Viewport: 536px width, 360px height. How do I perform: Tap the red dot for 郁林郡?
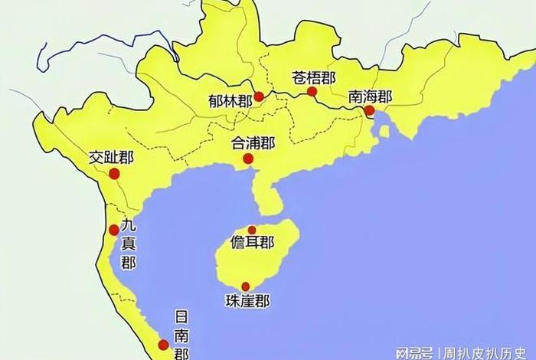click(x=260, y=97)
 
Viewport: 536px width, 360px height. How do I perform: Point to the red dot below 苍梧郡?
click(x=312, y=92)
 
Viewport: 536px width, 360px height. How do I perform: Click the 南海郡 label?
click(x=370, y=97)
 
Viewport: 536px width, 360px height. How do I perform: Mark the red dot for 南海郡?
click(x=369, y=110)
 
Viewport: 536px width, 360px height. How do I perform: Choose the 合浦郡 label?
click(x=253, y=142)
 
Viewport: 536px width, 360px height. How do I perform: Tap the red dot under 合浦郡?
click(x=247, y=159)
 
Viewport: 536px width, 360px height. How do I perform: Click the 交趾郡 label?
click(x=111, y=158)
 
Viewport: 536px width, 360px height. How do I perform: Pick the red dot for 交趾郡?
click(x=114, y=174)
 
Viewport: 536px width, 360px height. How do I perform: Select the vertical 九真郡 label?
click(x=128, y=244)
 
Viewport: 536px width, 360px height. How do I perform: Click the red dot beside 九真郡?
click(x=114, y=230)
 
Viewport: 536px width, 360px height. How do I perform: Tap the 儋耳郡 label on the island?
click(x=252, y=243)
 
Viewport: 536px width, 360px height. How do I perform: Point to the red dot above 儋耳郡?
click(x=252, y=230)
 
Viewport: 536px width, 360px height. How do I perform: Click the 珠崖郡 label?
click(x=247, y=301)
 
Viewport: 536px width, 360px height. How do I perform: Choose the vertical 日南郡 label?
click(x=181, y=335)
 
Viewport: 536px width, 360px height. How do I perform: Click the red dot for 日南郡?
click(x=162, y=345)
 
